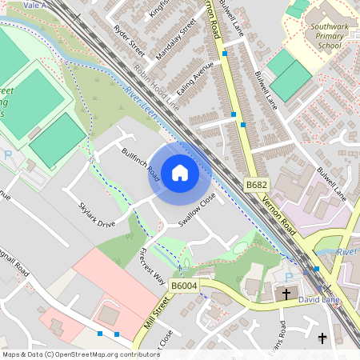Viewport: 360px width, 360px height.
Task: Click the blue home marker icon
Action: click(180, 172)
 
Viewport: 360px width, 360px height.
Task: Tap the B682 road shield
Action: click(256, 185)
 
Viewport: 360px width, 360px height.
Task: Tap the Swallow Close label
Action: click(198, 211)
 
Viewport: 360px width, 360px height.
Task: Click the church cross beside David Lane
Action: click(286, 294)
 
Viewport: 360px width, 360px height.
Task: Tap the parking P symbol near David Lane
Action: click(289, 277)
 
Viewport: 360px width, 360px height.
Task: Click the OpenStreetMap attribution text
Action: click(81, 354)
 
